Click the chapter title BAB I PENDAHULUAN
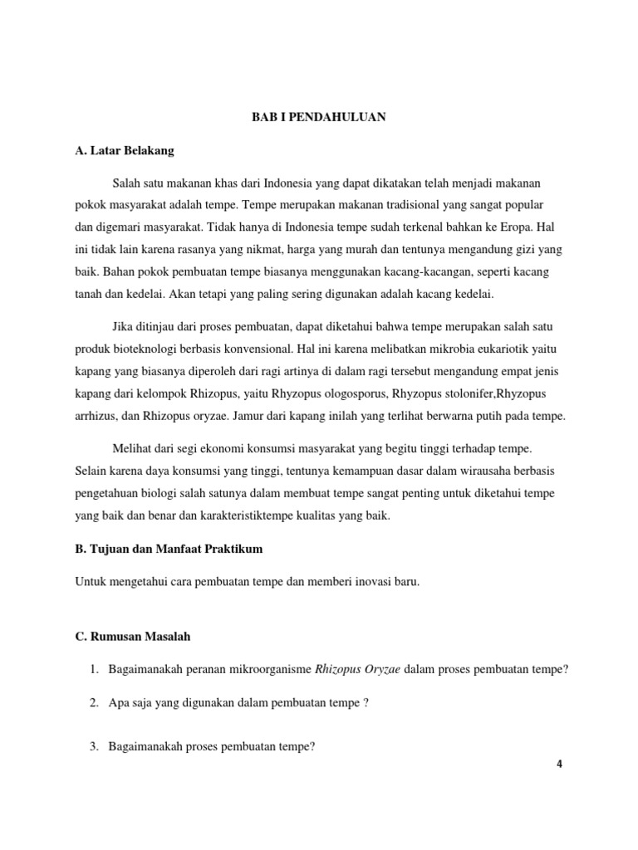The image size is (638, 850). [x=319, y=118]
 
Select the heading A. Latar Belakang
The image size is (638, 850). [x=125, y=151]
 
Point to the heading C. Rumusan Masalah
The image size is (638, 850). [x=133, y=636]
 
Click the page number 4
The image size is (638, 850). [x=560, y=765]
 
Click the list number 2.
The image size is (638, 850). [x=94, y=703]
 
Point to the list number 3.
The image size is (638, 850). [x=94, y=747]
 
